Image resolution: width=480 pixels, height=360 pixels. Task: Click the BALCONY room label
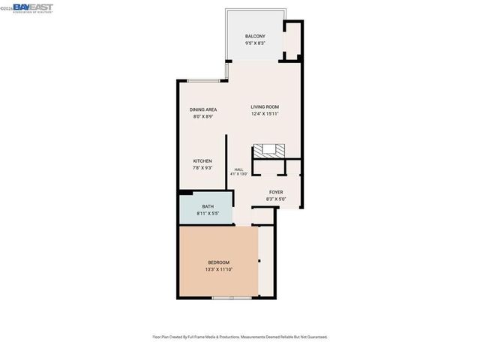[x=256, y=36]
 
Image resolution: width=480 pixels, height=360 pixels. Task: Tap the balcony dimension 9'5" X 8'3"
[x=256, y=43]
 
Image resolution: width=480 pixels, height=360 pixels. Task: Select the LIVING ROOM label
[x=265, y=106]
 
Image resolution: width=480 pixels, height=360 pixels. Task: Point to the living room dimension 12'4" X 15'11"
[x=265, y=114]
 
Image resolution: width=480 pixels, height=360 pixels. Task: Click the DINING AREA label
[x=203, y=109]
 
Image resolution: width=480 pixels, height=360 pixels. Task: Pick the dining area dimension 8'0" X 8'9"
[x=203, y=116]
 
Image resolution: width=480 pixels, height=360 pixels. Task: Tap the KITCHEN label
[x=202, y=161]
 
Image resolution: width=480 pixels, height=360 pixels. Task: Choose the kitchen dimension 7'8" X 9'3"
[x=202, y=168]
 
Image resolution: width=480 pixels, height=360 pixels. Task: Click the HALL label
[x=238, y=169]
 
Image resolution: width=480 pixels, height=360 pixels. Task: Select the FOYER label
[x=276, y=192]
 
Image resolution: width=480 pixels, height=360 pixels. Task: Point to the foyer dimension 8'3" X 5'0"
[x=276, y=199]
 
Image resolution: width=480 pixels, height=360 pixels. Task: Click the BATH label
[x=208, y=207]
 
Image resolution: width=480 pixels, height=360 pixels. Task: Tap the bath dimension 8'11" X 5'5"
[x=208, y=214]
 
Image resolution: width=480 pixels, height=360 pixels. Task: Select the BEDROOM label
[x=218, y=262]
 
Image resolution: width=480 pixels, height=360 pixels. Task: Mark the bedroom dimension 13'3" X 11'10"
[x=218, y=269]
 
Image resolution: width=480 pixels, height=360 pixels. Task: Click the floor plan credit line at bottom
[x=240, y=337]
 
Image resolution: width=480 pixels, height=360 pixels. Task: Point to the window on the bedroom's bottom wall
[x=221, y=298]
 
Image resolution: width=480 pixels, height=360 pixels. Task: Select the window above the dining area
[x=203, y=80]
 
